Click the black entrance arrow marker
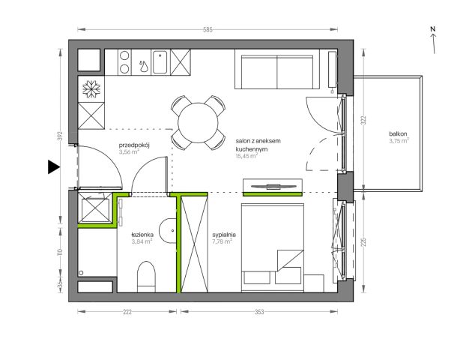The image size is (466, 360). pos(53,167)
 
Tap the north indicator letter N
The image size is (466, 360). pos(433,29)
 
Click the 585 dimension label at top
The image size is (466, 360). pos(208,29)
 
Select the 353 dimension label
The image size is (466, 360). pos(259,312)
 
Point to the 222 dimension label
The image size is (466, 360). pos(127,312)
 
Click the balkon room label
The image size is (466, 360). pos(398,134)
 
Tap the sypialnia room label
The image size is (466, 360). pos(224,235)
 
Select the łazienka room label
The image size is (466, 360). pos(142,235)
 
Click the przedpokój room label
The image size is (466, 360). pos(134,145)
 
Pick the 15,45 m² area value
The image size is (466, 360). pos(246,155)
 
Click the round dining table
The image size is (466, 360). pos(198,122)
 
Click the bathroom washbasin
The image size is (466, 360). pos(168,231)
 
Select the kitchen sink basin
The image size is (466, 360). pos(160,62)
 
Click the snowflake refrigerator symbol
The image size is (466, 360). pos(91,89)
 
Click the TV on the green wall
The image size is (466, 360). pos(273,187)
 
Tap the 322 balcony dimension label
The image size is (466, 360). pos(364,120)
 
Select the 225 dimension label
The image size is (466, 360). pos(364,241)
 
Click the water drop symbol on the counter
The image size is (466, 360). pos(144,66)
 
